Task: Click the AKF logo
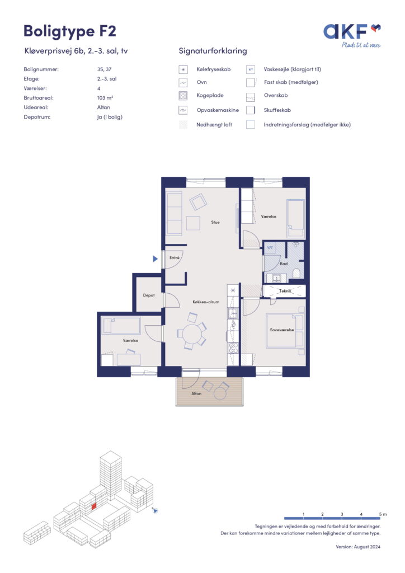point(352,36)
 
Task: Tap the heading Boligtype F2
point(70,31)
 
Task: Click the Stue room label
point(215,222)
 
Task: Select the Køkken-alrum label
point(206,302)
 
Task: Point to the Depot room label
point(149,295)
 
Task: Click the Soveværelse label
point(281,330)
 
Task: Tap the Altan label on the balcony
point(196,393)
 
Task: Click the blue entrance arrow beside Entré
point(155,259)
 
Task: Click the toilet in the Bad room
point(296,273)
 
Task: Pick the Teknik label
point(285,291)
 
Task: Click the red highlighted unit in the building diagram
point(93,506)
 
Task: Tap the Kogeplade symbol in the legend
point(183,96)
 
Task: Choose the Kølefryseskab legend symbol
point(183,69)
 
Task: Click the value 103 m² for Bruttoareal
point(105,98)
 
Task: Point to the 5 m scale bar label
point(383,514)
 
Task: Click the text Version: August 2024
point(358,547)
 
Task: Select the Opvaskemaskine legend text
point(218,110)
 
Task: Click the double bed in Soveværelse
point(285,331)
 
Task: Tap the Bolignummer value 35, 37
point(105,69)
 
